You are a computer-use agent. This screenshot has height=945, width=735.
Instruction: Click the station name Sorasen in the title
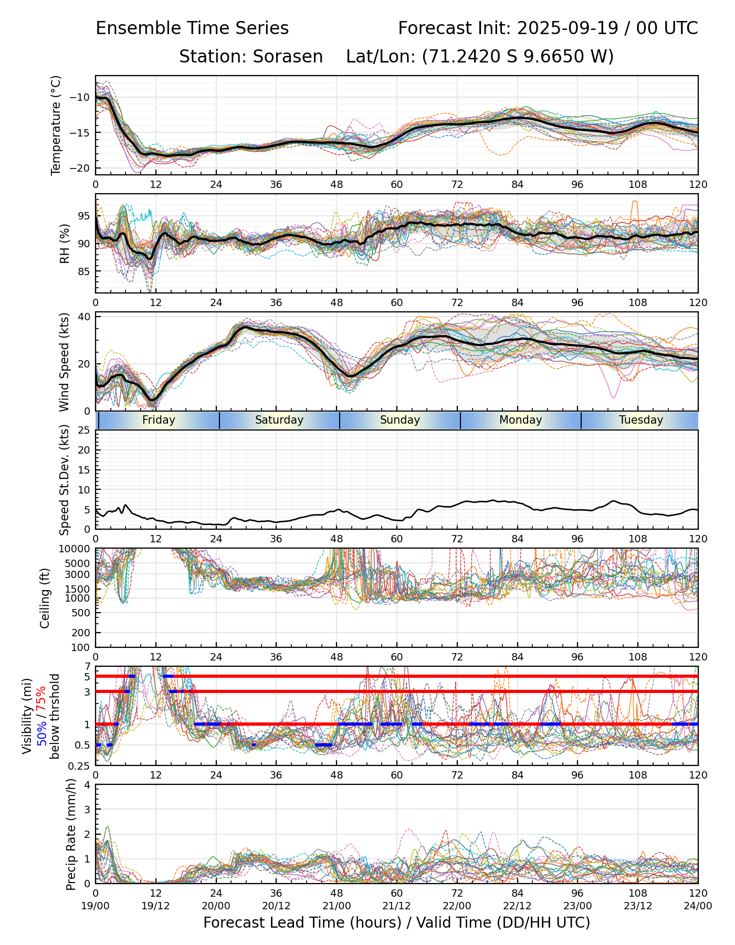(x=288, y=56)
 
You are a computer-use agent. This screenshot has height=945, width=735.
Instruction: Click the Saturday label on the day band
(x=279, y=420)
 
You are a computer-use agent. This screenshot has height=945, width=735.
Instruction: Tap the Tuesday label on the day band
(x=640, y=420)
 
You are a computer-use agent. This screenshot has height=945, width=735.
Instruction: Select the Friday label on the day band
(x=159, y=420)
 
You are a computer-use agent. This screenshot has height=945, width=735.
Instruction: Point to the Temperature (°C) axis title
(x=56, y=125)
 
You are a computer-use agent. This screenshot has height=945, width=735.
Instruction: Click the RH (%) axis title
(x=65, y=243)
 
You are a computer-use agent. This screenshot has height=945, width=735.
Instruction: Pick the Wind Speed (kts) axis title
(x=64, y=362)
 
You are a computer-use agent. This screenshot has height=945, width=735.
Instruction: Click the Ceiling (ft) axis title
(x=45, y=597)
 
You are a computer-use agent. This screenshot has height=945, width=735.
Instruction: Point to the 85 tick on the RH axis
(x=84, y=271)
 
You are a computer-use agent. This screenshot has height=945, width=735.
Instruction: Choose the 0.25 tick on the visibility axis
(x=81, y=765)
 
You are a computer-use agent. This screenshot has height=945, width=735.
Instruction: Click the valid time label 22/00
(x=457, y=906)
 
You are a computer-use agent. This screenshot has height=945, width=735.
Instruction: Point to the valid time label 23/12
(x=637, y=906)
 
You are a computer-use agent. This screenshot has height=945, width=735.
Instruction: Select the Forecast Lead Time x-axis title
(x=396, y=922)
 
